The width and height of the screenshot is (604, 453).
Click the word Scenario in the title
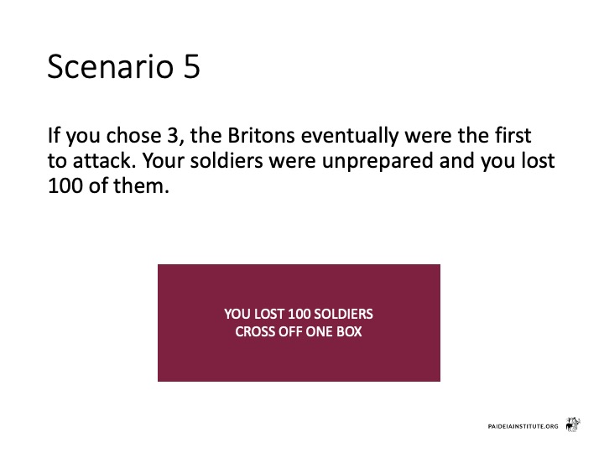[x=111, y=66]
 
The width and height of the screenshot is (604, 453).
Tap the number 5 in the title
[x=192, y=66]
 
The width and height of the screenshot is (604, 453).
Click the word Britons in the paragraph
[x=261, y=136]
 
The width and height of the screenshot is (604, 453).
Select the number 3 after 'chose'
[x=173, y=136]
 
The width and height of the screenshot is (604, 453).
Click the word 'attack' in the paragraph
[x=104, y=160]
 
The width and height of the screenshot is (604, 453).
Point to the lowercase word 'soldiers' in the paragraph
[x=226, y=160]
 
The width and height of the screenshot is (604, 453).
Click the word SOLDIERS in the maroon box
[x=344, y=314]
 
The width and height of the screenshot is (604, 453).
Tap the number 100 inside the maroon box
[x=299, y=314]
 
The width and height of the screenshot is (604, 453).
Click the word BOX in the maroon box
[x=349, y=331]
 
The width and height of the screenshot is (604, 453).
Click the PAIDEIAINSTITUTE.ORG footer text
[x=523, y=426]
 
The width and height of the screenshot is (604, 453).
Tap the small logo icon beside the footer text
[x=573, y=424]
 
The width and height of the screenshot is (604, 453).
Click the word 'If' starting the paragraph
[x=54, y=136]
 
